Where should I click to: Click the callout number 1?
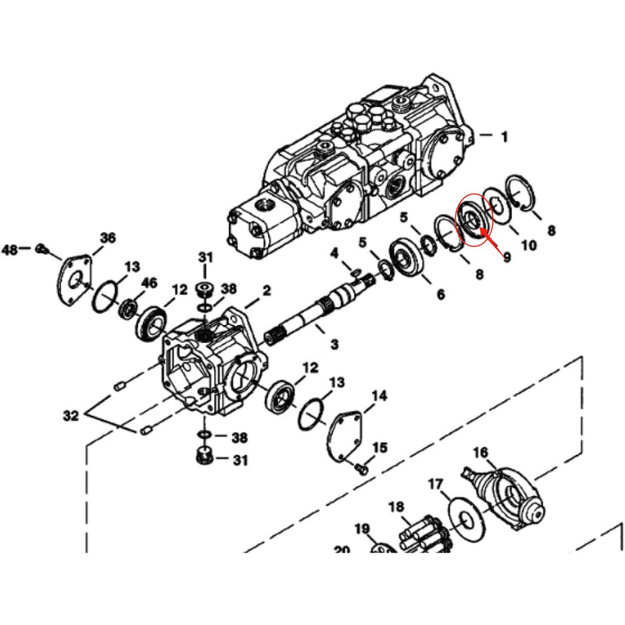click(504, 136)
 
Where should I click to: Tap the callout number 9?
click(506, 255)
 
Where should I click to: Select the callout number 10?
click(529, 245)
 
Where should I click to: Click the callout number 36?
click(107, 237)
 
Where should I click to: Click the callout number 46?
click(149, 282)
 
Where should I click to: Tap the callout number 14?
click(379, 396)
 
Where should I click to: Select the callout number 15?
click(380, 447)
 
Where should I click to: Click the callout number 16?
click(480, 452)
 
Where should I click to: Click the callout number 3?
click(334, 345)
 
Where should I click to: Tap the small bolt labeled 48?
click(43, 249)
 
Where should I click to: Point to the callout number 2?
click(266, 291)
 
